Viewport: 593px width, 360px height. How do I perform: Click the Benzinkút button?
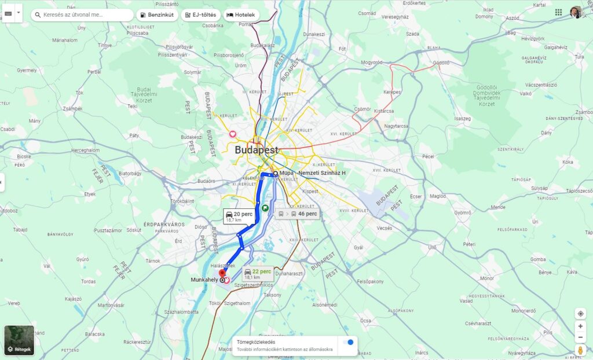158,14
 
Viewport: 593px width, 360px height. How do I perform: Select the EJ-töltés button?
200,14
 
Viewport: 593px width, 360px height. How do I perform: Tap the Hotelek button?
241,14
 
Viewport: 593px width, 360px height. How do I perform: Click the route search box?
84,14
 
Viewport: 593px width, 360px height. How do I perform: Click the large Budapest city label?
257,150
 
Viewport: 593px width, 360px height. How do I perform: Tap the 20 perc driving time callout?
239,216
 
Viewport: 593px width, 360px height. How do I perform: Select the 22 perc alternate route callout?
258,273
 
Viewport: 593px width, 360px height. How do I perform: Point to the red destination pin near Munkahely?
221,273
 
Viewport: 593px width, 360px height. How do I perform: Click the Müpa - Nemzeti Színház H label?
312,173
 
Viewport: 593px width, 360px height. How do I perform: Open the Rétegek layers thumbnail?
19,340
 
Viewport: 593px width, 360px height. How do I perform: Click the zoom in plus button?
580,326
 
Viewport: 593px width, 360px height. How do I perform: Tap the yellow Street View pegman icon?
580,350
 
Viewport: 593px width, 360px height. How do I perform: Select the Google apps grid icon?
558,12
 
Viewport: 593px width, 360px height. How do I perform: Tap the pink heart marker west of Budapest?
233,134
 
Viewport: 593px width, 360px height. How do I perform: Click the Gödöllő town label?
441,62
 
